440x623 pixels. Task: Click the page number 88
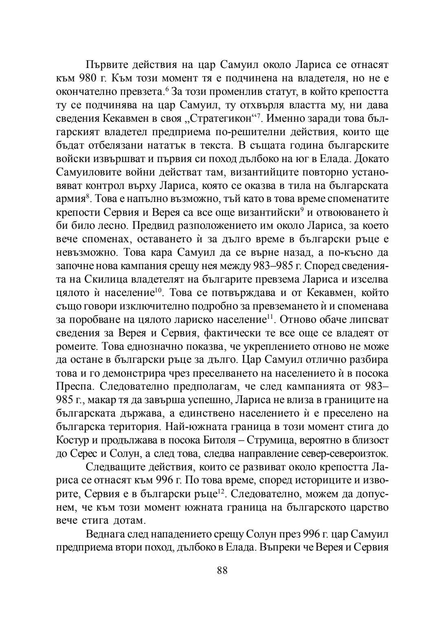[222, 570]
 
